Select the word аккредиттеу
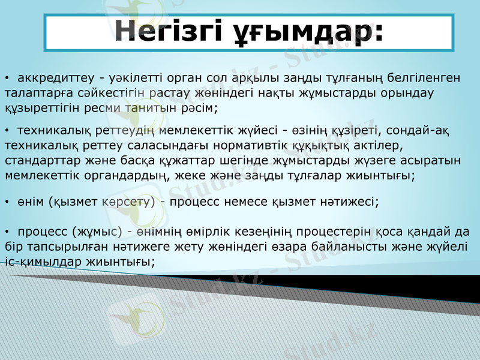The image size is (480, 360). [x=56, y=77]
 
